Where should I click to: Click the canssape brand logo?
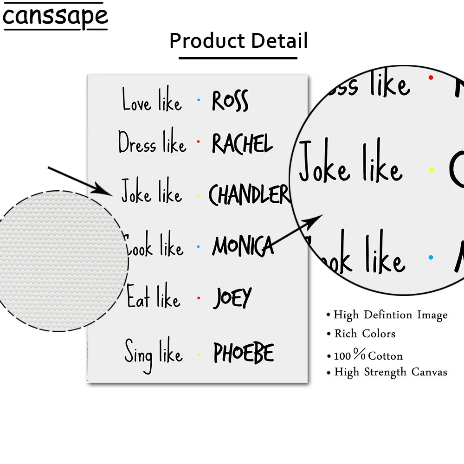pos(55,16)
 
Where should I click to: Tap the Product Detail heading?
pos(238,41)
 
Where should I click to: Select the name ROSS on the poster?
pos(230,101)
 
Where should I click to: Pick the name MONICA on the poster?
pos(243,246)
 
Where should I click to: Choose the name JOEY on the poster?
pos(232,298)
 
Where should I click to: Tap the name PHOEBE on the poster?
pos(244,354)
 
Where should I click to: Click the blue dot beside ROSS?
pos(199,100)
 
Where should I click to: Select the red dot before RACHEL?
pos(198,141)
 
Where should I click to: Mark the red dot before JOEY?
pos(198,297)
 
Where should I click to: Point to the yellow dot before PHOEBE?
pos(199,354)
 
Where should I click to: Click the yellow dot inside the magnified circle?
pos(431,170)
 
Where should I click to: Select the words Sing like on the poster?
pos(153,354)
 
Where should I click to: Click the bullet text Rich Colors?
pos(365,334)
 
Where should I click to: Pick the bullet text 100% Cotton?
pos(368,356)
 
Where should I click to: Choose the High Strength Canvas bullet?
pos(391,372)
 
